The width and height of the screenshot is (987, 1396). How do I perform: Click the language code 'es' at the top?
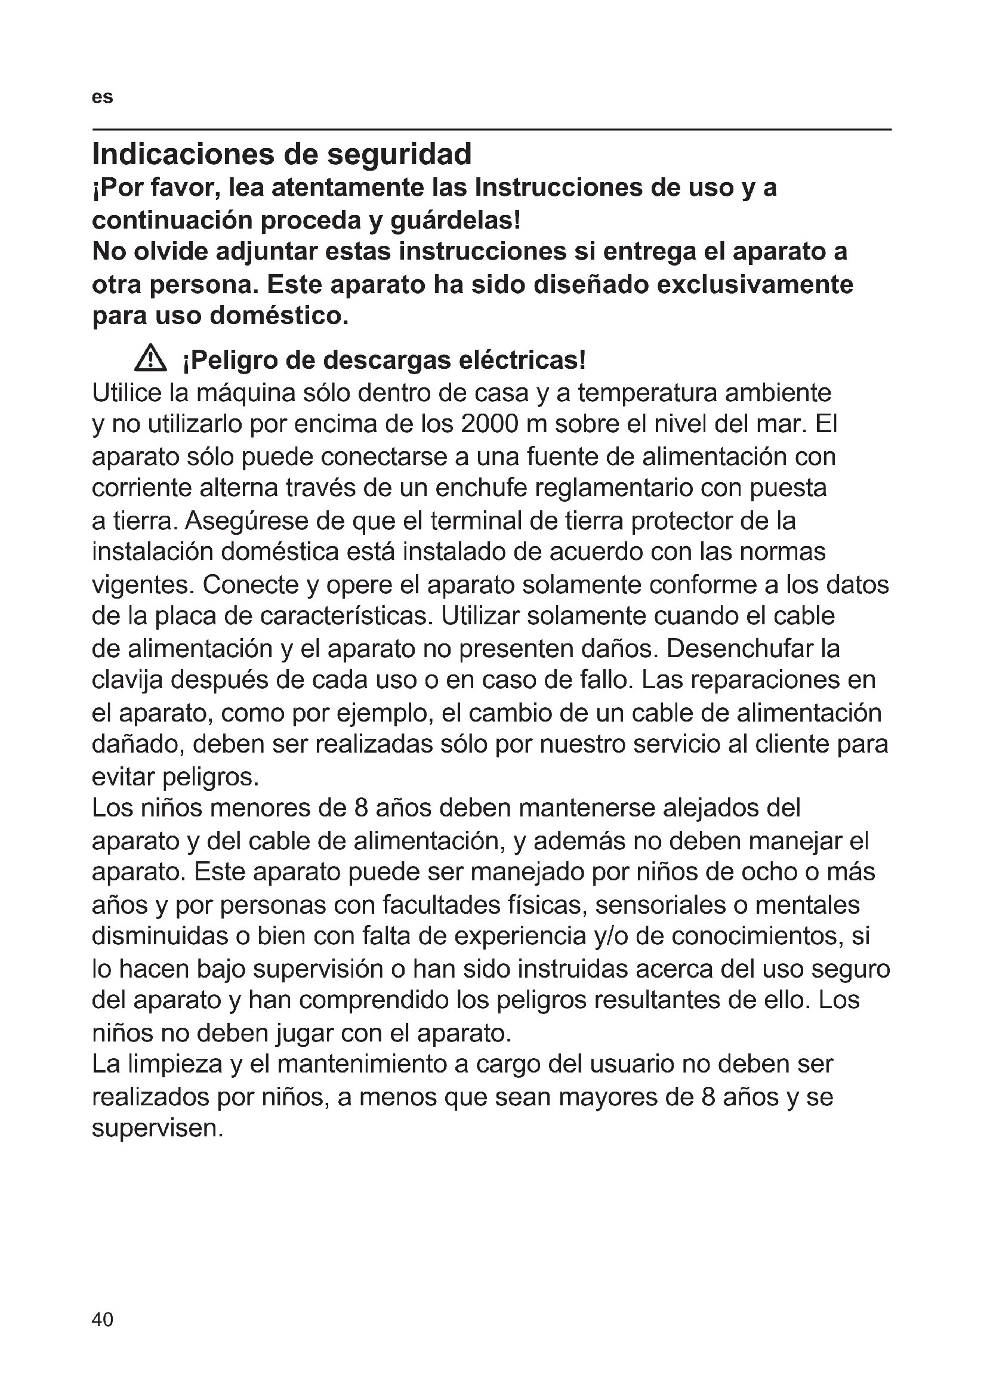coord(102,97)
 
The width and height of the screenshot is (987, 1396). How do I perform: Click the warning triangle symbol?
coord(150,359)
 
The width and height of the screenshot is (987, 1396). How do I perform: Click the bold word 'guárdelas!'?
coord(455,220)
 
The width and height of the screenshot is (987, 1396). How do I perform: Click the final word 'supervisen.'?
coord(158,1129)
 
